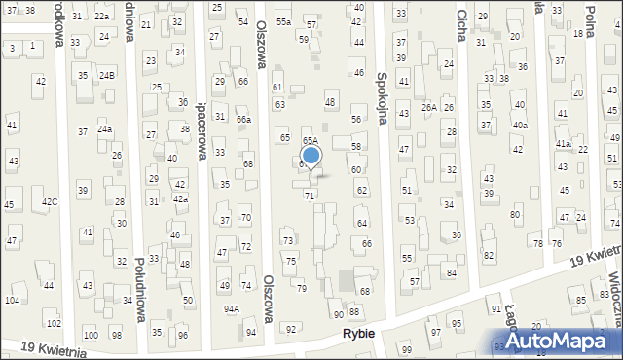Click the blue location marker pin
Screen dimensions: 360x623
pyautogui.click(x=311, y=156)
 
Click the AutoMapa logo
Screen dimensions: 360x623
pyautogui.click(x=560, y=341)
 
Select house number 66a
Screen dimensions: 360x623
pyautogui.click(x=243, y=119)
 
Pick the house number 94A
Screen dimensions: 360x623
pyautogui.click(x=232, y=309)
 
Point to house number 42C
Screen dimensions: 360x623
pyautogui.click(x=49, y=201)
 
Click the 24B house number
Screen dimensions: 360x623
pyautogui.click(x=106, y=75)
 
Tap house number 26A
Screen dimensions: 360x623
pyautogui.click(x=428, y=107)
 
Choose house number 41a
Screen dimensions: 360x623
pyautogui.click(x=563, y=143)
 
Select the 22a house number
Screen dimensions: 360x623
pyautogui.click(x=101, y=17)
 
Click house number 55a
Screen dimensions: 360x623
pyautogui.click(x=283, y=21)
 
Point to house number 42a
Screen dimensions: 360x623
pyautogui.click(x=180, y=198)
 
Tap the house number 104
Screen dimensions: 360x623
pyautogui.click(x=12, y=301)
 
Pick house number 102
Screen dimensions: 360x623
pyautogui.click(x=54, y=323)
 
